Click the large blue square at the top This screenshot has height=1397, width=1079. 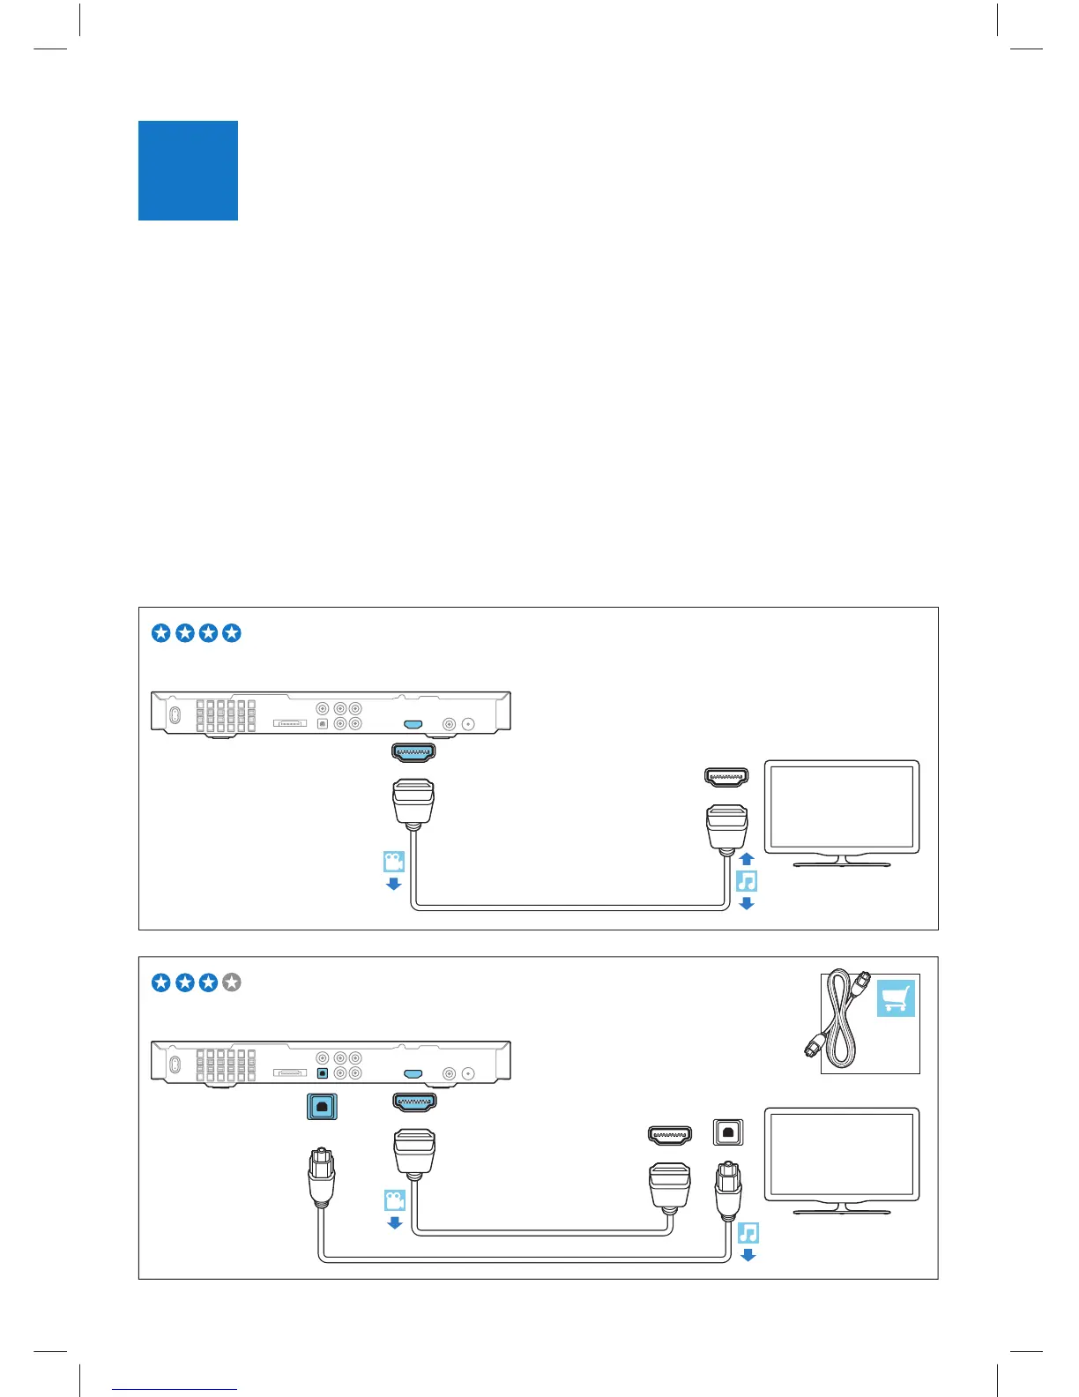click(188, 170)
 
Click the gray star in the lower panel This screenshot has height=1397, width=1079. click(232, 982)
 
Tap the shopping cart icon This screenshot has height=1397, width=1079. click(896, 998)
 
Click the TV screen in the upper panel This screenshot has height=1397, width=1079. click(841, 806)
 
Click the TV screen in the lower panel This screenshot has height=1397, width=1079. click(841, 1154)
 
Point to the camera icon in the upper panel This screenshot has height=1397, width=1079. click(393, 862)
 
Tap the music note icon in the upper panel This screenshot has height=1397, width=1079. click(747, 880)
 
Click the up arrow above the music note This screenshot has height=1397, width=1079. click(747, 858)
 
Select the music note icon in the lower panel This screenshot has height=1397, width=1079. click(748, 1232)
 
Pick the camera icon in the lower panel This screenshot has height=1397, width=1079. click(394, 1200)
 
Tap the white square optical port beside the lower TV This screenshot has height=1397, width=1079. click(727, 1132)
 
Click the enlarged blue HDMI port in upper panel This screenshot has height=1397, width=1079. click(413, 753)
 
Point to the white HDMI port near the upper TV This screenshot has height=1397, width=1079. click(726, 777)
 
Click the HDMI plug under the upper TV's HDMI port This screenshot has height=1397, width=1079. click(726, 826)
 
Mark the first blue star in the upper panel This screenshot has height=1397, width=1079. click(160, 633)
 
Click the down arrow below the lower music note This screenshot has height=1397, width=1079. click(748, 1255)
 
